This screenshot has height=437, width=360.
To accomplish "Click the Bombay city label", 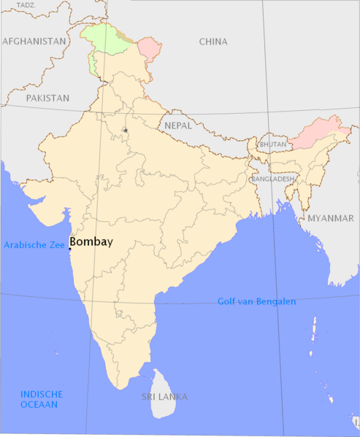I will pos(91,242).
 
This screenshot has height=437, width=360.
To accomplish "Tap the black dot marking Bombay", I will pos(70,249).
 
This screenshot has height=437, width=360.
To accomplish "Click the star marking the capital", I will pos(126,131).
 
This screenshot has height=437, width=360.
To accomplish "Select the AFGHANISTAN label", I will pos(34,42).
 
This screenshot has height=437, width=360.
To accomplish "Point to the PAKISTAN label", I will pos(47,97).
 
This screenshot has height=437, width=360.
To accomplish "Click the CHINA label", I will pos(213,42).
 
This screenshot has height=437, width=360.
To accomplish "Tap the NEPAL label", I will pos(178,125).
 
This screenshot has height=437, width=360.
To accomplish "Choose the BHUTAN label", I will pos(273,144).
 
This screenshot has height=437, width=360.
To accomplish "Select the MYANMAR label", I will pos(330,218).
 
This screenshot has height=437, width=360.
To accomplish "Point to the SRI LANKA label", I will pos(164,397).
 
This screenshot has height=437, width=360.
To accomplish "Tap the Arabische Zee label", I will pos(34,245).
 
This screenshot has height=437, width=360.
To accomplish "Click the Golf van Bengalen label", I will pos(256,301).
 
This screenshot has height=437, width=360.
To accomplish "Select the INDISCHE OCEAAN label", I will pos(39,398).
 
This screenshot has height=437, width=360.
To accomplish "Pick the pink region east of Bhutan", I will pos(318,131).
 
